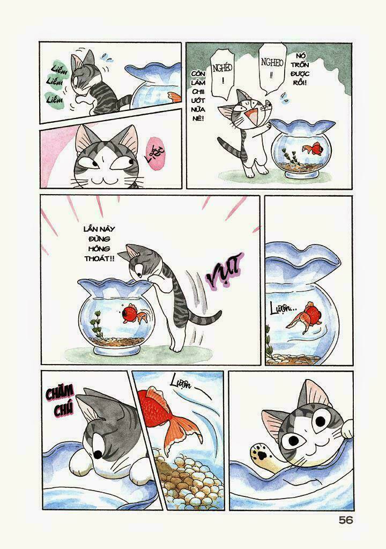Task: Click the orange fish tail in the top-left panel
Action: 174,97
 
